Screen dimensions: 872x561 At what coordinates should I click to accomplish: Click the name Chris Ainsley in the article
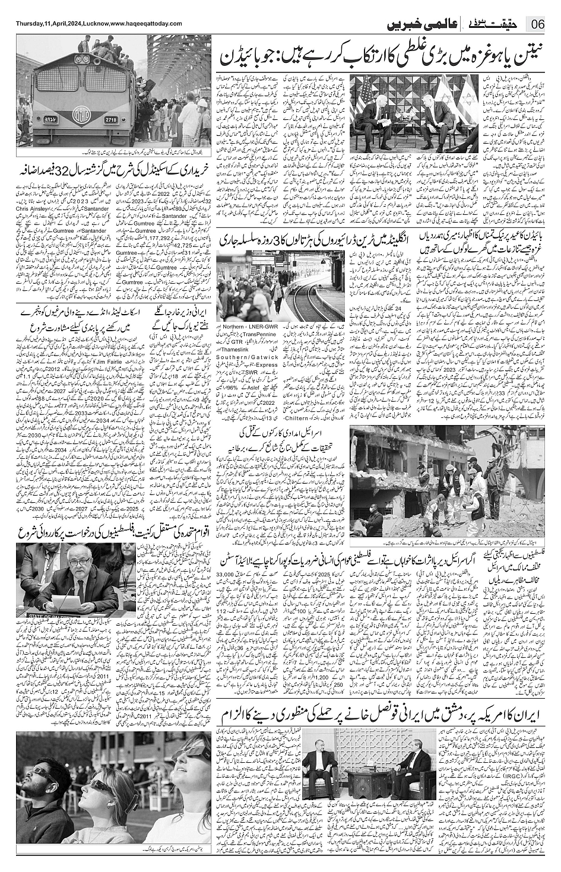coord(30,210)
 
